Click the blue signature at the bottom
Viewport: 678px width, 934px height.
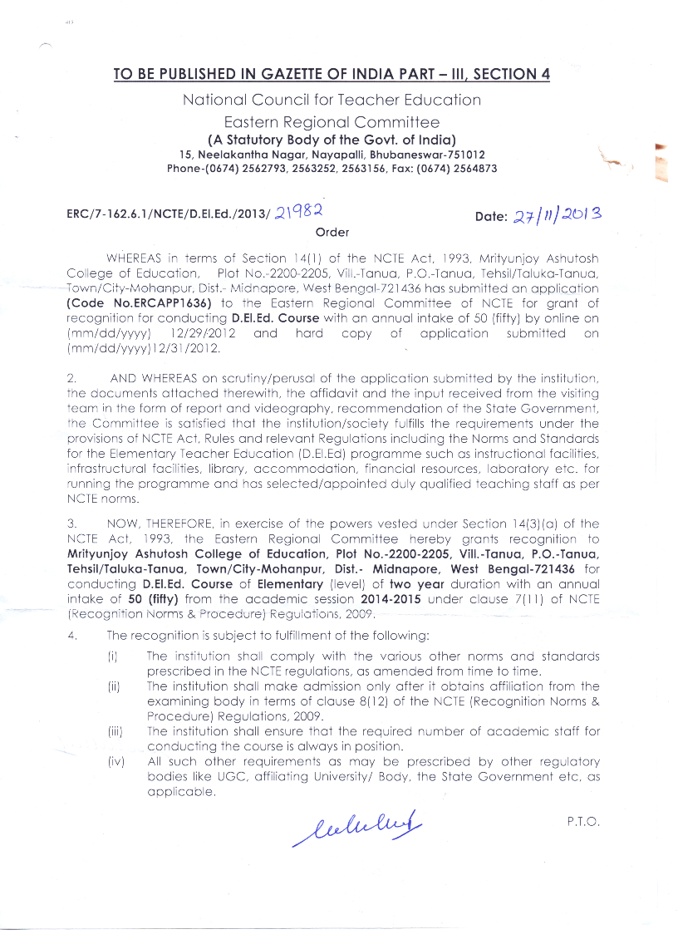point(358,823)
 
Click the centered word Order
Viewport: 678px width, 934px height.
point(332,233)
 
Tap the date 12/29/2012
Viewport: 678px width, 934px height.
point(203,333)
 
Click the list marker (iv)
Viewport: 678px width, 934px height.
point(115,761)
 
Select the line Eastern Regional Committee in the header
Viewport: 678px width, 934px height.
point(332,122)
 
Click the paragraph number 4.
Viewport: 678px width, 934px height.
point(74,636)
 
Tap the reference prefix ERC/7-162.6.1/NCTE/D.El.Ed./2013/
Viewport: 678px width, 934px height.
point(168,216)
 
